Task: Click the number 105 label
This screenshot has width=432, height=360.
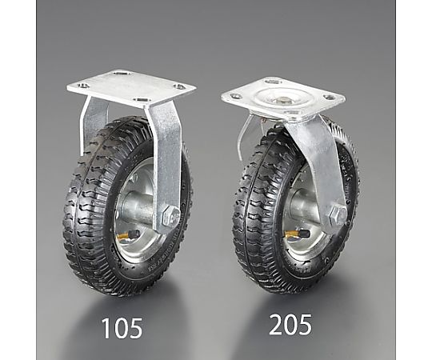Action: pos(122,328)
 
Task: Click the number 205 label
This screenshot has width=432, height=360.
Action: pos(290,325)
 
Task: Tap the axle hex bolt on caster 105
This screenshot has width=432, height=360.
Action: pos(171,214)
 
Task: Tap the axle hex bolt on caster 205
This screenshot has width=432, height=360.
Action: pos(338,214)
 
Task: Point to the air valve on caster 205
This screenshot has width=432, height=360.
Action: pos(298,234)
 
